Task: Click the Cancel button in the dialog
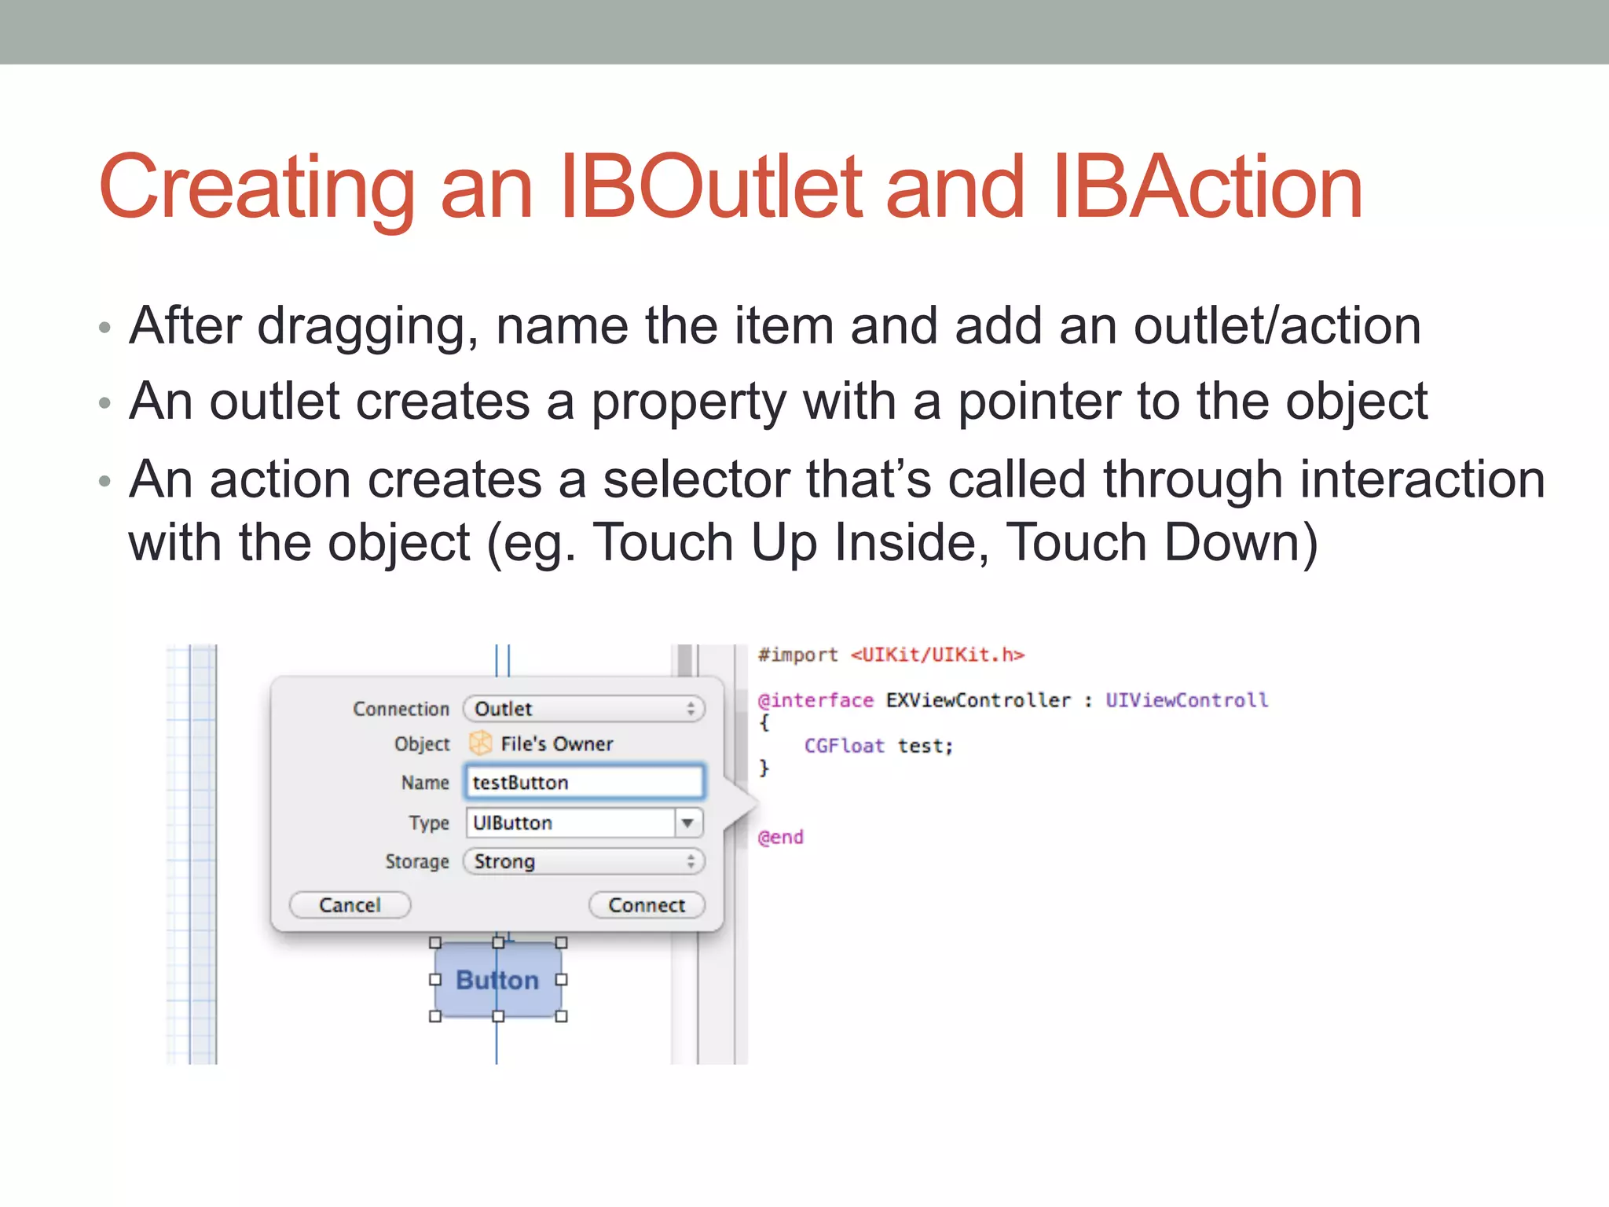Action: [x=350, y=904]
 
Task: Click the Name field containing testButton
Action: [x=585, y=782]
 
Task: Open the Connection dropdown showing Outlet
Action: [x=584, y=709]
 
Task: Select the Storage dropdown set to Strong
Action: [x=584, y=861]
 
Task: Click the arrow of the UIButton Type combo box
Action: [x=687, y=823]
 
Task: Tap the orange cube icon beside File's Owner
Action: [x=480, y=743]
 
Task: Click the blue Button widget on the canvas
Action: [x=497, y=980]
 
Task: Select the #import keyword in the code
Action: [x=797, y=655]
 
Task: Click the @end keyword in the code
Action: [x=780, y=837]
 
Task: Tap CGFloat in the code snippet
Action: [x=844, y=746]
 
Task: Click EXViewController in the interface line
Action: [x=978, y=700]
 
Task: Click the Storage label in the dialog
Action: [x=417, y=861]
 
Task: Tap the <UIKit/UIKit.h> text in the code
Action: [x=937, y=655]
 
